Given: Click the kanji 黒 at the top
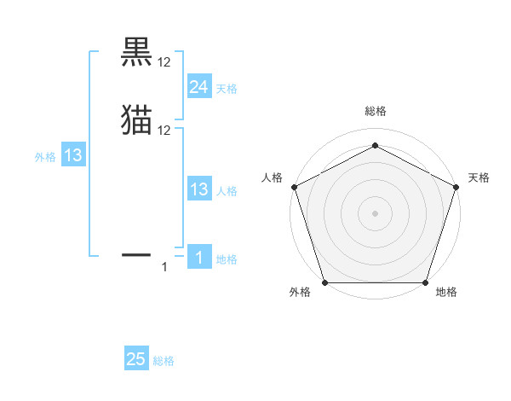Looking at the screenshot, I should click(136, 53).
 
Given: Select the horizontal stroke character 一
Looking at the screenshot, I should click(136, 253).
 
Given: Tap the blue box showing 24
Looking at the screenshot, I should click(198, 86).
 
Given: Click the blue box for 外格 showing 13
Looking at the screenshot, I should click(72, 155).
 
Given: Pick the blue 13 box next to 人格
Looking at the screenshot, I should click(198, 189).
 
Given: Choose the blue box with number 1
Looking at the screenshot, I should click(198, 257).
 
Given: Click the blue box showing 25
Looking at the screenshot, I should click(136, 359).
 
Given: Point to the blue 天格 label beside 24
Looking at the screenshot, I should click(227, 89).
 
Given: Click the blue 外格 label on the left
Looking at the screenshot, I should click(45, 157).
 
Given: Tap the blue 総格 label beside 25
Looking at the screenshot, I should click(164, 361).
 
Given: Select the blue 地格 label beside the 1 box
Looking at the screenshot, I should click(227, 259).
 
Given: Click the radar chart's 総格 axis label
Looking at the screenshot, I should click(375, 111).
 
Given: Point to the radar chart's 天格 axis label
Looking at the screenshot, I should click(479, 177).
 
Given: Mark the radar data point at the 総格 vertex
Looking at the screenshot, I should click(375, 145).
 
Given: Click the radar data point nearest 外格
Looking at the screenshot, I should click(324, 282).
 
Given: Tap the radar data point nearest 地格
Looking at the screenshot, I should click(425, 282).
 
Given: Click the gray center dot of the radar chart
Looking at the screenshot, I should click(375, 212).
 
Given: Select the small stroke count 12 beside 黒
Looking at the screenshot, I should click(164, 62).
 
